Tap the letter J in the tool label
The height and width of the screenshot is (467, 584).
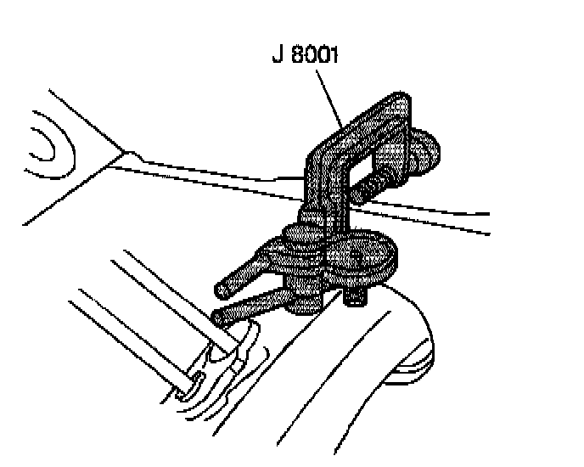(277, 57)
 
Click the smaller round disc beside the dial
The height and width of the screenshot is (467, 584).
(294, 246)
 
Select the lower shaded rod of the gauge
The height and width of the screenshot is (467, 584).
(255, 304)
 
